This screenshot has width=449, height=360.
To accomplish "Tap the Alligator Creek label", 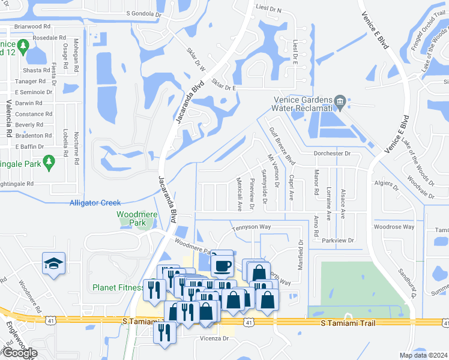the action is click(x=95, y=203).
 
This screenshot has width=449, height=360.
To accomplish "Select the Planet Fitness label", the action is click(x=118, y=287).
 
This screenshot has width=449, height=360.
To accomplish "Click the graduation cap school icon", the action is click(x=54, y=263).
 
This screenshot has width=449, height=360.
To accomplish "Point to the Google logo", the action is click(x=20, y=353).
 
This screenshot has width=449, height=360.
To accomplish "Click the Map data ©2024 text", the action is click(x=423, y=355).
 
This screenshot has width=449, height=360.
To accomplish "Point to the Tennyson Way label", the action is click(x=252, y=227).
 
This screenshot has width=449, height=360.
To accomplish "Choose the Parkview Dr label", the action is click(x=338, y=241).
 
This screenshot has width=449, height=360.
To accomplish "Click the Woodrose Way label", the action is click(x=394, y=227).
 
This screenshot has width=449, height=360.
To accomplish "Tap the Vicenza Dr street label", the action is click(x=214, y=338).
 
